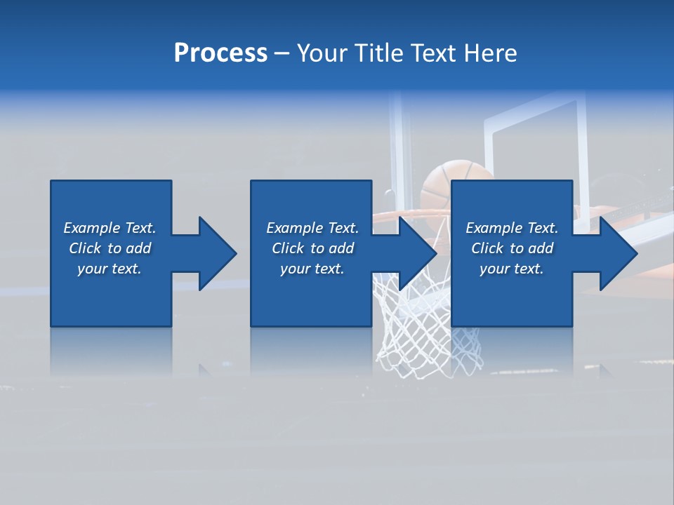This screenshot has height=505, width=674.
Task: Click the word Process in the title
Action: pyautogui.click(x=220, y=53)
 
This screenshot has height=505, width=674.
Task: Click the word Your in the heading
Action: pyautogui.click(x=322, y=53)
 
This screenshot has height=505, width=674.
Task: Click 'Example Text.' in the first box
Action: pyautogui.click(x=110, y=228)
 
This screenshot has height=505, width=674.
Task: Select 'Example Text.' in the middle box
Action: pyautogui.click(x=312, y=228)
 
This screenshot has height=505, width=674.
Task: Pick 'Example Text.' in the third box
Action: pyautogui.click(x=512, y=228)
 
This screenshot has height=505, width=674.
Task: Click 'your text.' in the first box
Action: pyautogui.click(x=110, y=269)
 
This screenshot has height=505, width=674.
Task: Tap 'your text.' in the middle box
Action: pyautogui.click(x=312, y=269)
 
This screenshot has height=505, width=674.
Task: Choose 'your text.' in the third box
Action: pyautogui.click(x=512, y=269)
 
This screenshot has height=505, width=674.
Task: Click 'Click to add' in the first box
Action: pyautogui.click(x=110, y=248)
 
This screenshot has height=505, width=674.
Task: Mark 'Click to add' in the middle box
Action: pyautogui.click(x=312, y=248)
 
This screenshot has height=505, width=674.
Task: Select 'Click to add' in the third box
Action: pyautogui.click(x=512, y=248)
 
